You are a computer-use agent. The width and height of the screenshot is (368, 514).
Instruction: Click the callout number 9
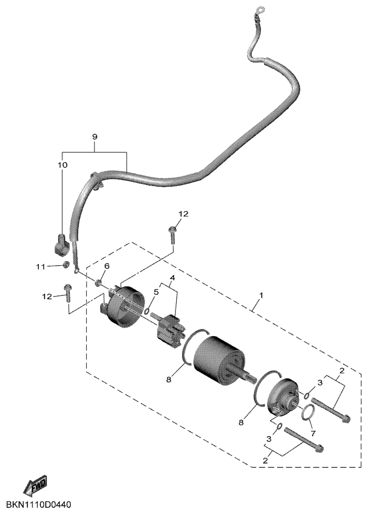94,137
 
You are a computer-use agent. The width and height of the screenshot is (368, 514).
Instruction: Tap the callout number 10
63,165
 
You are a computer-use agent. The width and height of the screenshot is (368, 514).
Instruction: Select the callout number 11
40,267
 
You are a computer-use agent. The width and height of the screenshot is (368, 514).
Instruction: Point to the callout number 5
156,292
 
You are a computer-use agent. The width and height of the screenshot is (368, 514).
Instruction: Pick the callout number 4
172,278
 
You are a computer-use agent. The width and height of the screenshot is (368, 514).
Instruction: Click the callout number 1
261,295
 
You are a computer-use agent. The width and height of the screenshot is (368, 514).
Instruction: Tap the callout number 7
313,434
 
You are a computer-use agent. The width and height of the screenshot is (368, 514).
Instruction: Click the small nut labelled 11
66,264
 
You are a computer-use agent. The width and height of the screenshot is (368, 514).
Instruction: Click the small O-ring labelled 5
147,310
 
